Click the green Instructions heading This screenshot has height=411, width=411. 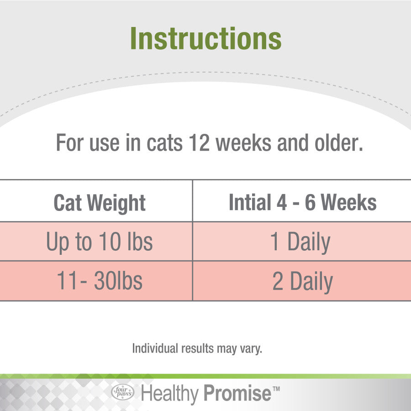(x=206, y=38)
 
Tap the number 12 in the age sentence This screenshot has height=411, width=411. (x=199, y=142)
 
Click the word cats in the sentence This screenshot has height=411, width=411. (x=164, y=143)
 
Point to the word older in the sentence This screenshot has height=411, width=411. (x=339, y=142)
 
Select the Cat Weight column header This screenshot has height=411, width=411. (x=100, y=203)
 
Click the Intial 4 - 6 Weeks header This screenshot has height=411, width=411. (x=303, y=202)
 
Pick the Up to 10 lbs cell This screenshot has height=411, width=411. (x=100, y=242)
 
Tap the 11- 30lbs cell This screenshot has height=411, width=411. (x=100, y=281)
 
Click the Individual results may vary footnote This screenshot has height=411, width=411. (x=197, y=348)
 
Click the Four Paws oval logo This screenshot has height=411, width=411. (x=123, y=392)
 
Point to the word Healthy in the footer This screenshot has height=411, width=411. (x=170, y=394)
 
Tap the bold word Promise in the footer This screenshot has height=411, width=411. (x=237, y=393)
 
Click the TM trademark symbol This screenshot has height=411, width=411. (x=276, y=389)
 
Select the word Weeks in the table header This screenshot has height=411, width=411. (x=349, y=202)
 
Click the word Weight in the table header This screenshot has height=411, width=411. (x=116, y=203)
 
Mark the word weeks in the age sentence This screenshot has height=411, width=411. (x=243, y=142)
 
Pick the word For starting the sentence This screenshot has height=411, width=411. (x=70, y=142)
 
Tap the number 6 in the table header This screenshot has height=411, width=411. (x=310, y=202)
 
